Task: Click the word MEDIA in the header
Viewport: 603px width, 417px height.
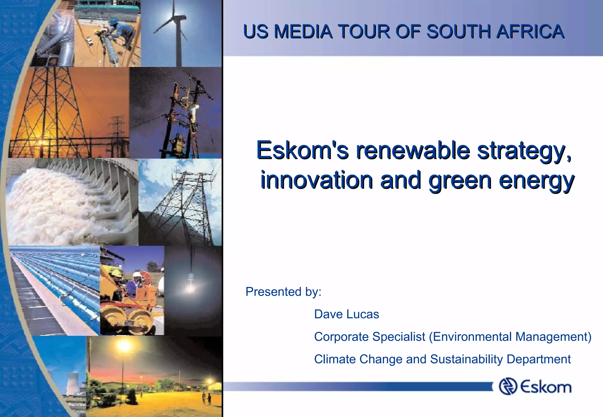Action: (303, 32)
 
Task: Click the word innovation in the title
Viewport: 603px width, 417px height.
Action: (317, 180)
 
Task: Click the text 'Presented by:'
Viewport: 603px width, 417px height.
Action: (283, 292)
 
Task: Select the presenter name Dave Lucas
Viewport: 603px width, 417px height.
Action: (346, 314)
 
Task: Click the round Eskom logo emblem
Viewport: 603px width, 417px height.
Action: (508, 386)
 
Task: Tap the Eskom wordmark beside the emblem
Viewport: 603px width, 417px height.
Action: (546, 386)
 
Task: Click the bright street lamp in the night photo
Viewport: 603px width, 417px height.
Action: (124, 346)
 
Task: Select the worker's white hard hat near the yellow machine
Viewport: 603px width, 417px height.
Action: (136, 274)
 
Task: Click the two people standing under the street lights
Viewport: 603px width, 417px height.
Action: (206, 398)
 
